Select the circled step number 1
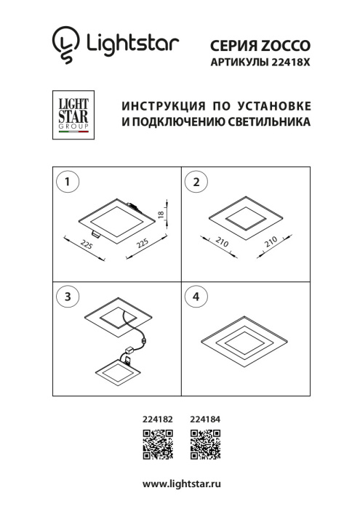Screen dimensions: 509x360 [67, 182]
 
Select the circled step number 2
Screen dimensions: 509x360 [194, 182]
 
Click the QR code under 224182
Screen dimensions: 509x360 [156, 445]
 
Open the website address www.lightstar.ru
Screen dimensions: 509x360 [181, 484]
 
